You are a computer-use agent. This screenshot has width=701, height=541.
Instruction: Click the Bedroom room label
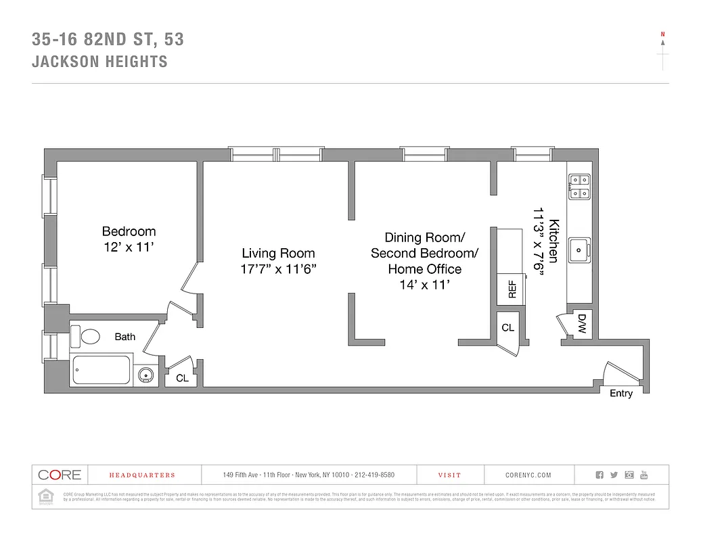129,231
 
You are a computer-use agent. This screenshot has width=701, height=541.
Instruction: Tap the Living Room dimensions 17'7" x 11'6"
279,268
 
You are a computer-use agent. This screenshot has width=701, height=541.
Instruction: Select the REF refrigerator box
512,289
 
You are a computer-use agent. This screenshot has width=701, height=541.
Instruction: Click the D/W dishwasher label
581,325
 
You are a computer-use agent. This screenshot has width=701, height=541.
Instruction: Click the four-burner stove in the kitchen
579,186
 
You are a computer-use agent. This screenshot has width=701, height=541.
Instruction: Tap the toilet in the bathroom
89,336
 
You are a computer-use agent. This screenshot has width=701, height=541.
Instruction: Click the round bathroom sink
145,375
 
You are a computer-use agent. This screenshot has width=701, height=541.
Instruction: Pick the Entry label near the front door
621,394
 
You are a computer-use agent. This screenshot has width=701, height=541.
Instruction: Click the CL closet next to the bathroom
182,378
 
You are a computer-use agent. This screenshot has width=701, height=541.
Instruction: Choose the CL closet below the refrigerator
507,327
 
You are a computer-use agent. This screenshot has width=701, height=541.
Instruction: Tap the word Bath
125,337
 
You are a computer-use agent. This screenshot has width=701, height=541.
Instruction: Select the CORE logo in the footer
60,475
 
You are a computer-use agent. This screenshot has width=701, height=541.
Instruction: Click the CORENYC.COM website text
528,475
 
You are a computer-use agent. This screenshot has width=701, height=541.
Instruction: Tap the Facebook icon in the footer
599,475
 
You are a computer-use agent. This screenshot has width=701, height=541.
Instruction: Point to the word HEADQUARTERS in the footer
142,475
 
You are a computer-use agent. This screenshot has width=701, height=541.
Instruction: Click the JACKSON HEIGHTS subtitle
99,62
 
